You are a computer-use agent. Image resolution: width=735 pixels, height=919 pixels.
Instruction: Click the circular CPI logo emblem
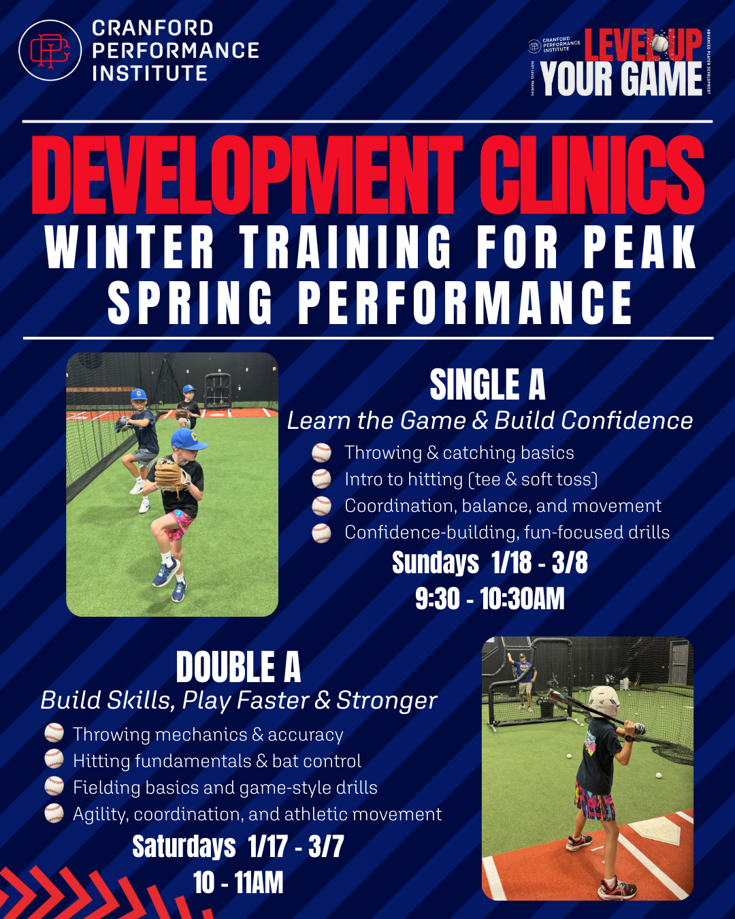coord(50,50)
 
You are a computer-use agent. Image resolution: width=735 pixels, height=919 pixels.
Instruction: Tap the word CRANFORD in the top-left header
coord(152,28)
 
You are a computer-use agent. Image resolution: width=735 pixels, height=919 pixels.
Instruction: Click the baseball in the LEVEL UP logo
coord(658,45)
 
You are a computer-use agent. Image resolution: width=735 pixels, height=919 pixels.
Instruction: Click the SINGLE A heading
coord(487,385)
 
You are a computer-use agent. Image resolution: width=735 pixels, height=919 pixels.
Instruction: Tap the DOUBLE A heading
coord(238,667)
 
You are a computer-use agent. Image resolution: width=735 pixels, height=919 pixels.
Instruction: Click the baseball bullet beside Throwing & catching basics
coord(321,453)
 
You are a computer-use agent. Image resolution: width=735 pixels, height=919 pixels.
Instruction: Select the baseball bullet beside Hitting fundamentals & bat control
coord(54,760)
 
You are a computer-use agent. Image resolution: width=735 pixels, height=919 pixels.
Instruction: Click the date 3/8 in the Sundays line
coord(569,563)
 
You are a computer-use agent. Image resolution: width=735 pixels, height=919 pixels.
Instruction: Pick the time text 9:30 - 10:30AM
coord(489,599)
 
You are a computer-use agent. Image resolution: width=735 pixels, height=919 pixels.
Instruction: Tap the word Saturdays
coord(184,847)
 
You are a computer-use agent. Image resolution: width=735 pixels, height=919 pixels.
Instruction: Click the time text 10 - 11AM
coord(238,883)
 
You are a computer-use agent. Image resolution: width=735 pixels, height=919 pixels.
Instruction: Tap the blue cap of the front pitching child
coord(188,439)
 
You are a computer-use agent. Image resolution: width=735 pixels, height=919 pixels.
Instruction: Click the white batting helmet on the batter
coord(604,701)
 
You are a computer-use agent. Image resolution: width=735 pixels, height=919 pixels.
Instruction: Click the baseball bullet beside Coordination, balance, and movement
coord(321,506)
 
